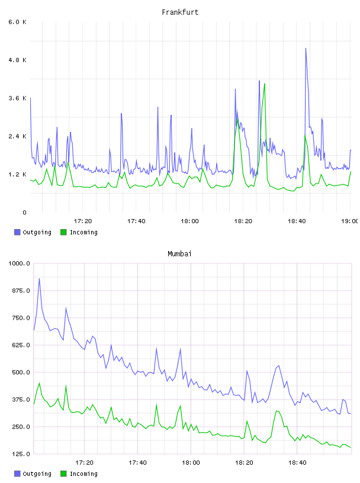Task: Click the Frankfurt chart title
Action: [180, 12]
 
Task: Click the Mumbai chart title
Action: [179, 254]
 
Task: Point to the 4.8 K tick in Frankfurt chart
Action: [18, 60]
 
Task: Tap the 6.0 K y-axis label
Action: [18, 22]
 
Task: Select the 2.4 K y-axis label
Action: [18, 136]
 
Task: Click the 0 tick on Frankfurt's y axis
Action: [24, 212]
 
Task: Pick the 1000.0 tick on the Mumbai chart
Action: [19, 263]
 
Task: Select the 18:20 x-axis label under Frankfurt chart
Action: [243, 221]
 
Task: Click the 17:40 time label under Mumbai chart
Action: [137, 462]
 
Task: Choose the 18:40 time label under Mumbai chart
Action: [297, 462]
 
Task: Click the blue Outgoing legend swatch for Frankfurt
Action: [17, 232]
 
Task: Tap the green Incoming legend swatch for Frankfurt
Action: [63, 232]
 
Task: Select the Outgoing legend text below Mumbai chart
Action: [37, 474]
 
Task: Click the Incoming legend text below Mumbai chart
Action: [83, 474]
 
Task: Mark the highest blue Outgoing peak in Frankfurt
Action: [306, 49]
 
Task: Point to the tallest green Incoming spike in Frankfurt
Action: [265, 84]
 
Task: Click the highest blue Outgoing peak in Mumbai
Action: [39, 278]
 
